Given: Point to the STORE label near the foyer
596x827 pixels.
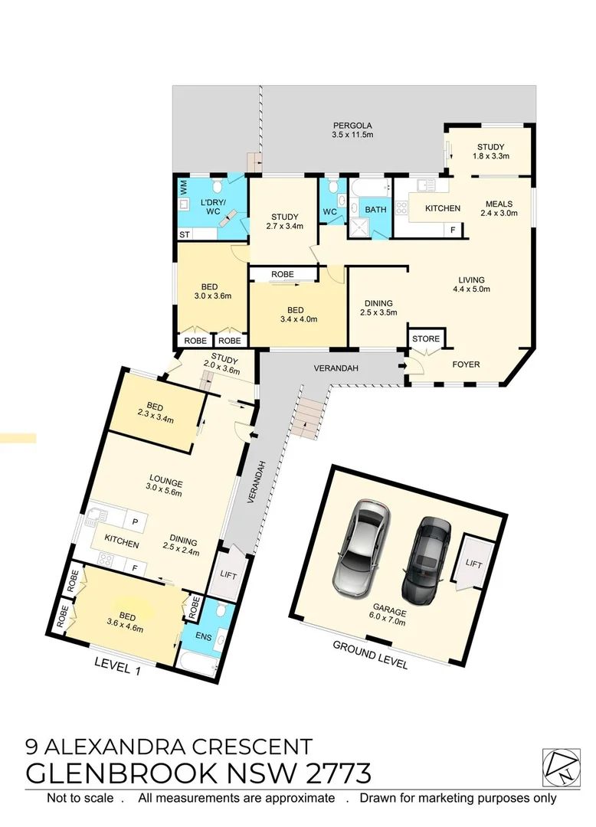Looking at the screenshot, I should (426, 338).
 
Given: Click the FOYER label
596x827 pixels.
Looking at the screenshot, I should (466, 364).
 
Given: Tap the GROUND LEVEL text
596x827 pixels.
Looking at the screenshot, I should (370, 655).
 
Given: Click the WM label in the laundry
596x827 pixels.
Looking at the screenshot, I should (183, 186).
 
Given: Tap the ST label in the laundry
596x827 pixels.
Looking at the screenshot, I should (185, 234).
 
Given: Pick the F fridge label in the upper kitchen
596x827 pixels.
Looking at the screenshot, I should (453, 230).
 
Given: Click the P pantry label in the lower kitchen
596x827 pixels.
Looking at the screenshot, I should (135, 521).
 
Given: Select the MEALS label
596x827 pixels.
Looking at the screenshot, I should (501, 204).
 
